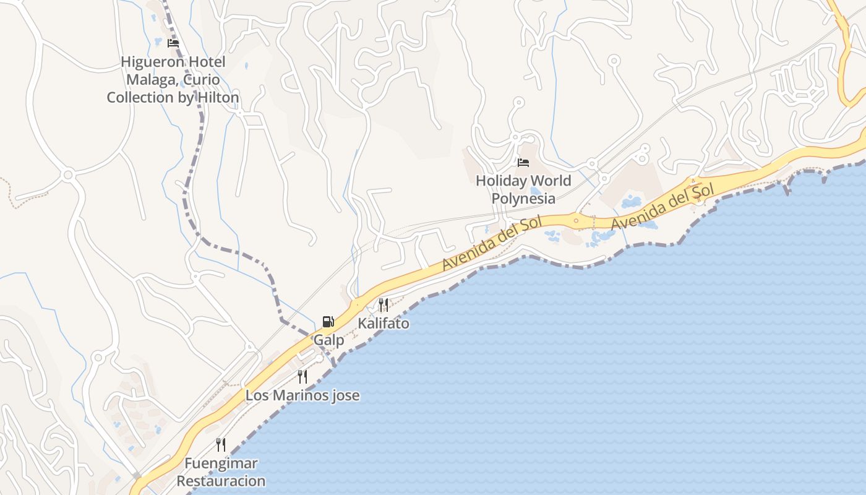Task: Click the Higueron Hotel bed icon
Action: point(173,43)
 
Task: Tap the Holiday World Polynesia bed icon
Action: point(523,163)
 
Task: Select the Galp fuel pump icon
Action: point(328,321)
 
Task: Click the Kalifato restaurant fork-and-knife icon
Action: point(384,304)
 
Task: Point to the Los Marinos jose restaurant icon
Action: point(302,376)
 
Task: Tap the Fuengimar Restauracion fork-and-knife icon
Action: point(221,444)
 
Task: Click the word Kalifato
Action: point(384,324)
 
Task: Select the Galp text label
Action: point(328,340)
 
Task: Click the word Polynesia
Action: point(523,199)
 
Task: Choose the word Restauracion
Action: point(221,481)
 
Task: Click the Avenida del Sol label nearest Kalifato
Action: point(492,243)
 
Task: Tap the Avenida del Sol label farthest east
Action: point(664,207)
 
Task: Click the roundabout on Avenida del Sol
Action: point(577,220)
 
